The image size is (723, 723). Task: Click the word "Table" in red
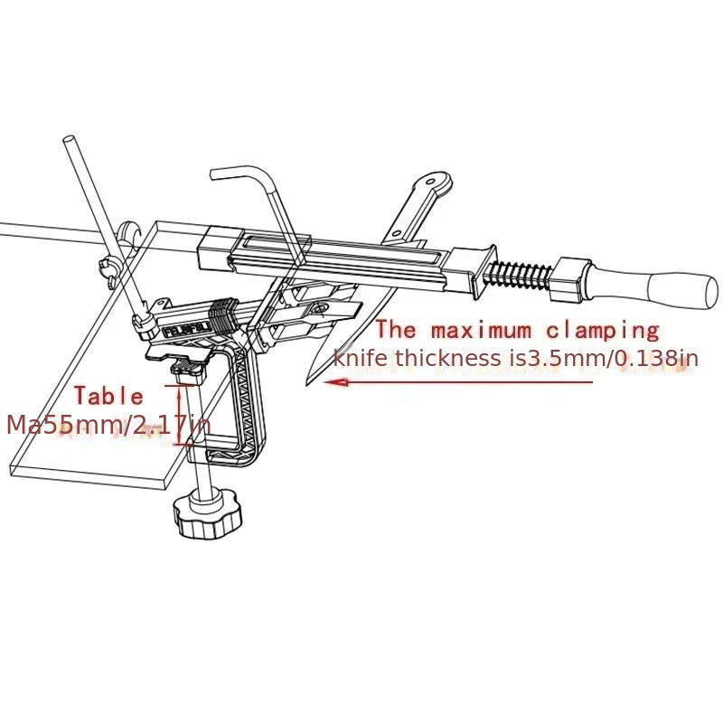108,396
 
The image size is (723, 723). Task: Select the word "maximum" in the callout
484,330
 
